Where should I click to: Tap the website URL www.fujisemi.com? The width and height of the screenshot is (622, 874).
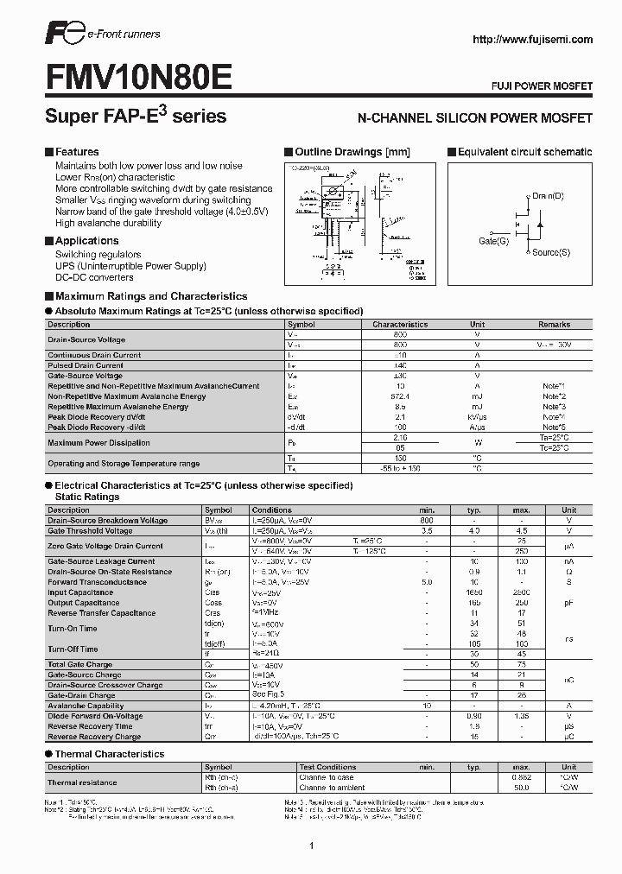pos(533,40)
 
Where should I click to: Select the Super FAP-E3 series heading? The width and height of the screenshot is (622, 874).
pos(135,116)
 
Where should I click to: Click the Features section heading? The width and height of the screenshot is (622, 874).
pos(77,152)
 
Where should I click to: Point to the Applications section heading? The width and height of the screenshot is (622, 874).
pos(86,241)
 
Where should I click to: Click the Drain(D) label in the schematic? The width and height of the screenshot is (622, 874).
pos(548,196)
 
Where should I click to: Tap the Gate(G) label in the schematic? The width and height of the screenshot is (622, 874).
pos(493,241)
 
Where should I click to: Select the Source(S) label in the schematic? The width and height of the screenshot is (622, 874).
pos(551,252)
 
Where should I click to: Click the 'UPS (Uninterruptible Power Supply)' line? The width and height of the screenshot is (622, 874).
pos(130,266)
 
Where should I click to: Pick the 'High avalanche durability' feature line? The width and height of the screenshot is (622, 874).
pos(108,223)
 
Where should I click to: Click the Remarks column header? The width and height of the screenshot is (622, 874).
pos(554,325)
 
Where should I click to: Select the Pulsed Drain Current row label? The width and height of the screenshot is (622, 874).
pos(86,365)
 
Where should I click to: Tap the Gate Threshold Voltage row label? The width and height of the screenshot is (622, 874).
pos(90,531)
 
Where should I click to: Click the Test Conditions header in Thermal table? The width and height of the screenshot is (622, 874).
pos(327,767)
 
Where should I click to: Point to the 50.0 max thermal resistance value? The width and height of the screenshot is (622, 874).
pos(521,788)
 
